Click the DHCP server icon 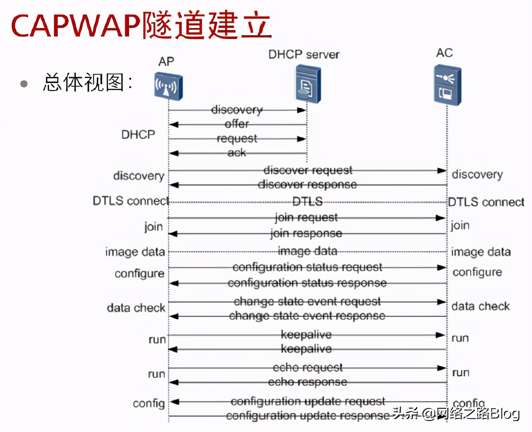tap(307, 84)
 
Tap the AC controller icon tap(447, 85)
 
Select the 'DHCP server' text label tap(304, 55)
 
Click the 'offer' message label tap(237, 124)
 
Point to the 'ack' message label tap(237, 153)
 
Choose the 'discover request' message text tap(308, 170)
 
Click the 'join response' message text tap(306, 233)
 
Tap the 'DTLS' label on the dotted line tap(307, 202)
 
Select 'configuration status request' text tap(307, 267)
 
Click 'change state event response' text tap(307, 316)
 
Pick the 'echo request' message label tap(308, 368)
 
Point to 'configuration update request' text tap(308, 401)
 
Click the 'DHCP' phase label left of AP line tap(138, 135)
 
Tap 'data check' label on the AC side tap(480, 307)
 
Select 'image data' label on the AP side tap(135, 252)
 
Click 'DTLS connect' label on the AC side tap(486, 202)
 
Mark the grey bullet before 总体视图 tap(24, 84)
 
